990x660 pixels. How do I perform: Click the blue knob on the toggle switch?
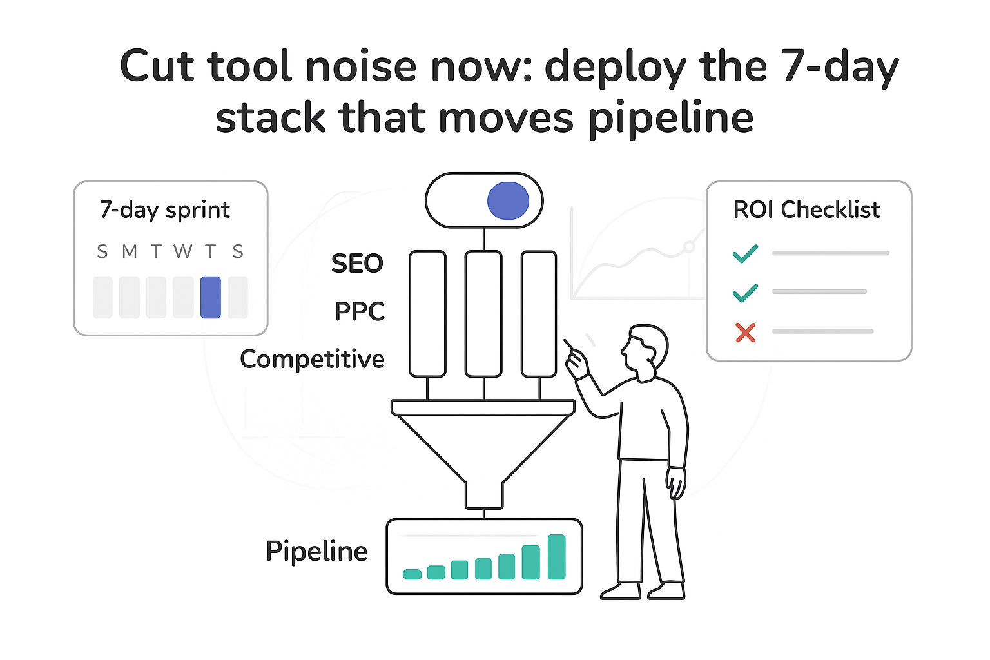pos(508,200)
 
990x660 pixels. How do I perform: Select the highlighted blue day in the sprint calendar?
pos(211,297)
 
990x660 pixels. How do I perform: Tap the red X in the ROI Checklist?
pos(745,333)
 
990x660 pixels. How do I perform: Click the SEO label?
pos(357,264)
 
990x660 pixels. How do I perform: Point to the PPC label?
pos(359,311)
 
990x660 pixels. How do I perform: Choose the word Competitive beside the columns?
pos(312,359)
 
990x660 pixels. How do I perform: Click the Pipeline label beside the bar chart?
pos(316,552)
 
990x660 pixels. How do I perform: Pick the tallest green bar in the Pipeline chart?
pos(556,557)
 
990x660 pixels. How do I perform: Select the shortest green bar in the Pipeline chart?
pos(412,574)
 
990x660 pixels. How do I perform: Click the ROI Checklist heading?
pos(806,209)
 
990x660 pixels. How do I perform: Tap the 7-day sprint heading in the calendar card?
pos(165,210)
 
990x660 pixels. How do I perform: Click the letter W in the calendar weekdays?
pos(183,251)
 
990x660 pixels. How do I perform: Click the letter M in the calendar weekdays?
pos(130,251)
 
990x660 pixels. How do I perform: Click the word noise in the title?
pos(360,67)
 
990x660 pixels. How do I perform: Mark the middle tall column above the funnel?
pos(483,314)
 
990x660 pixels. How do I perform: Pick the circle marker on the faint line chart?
pos(689,246)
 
